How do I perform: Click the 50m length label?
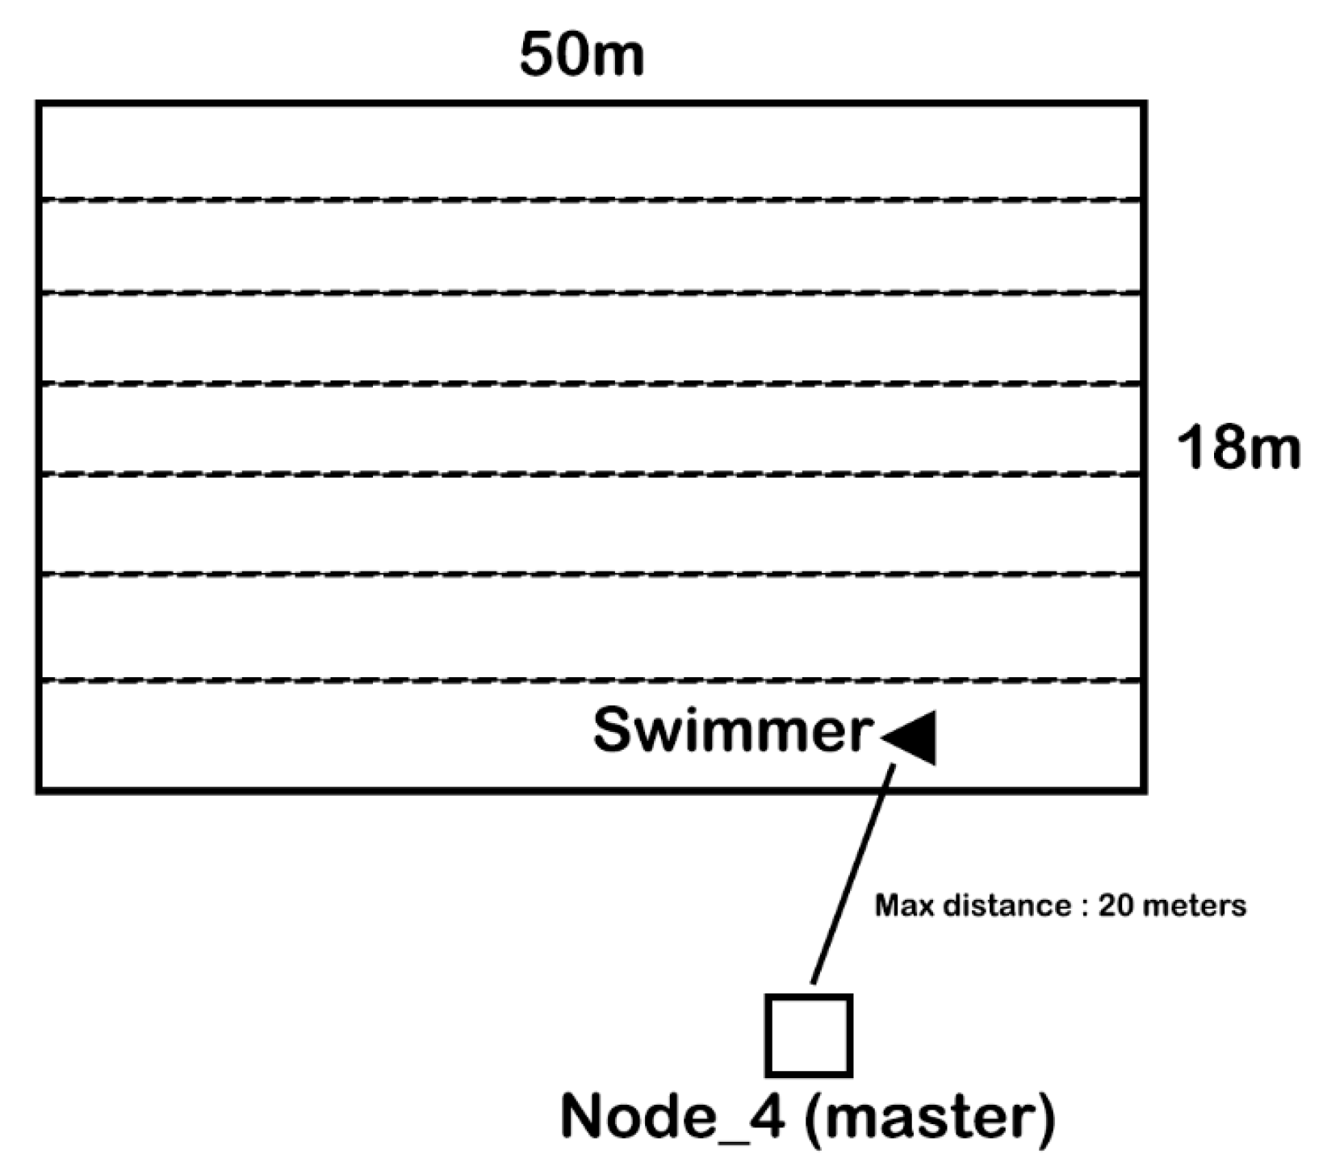[581, 56]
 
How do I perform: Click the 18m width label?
[1238, 448]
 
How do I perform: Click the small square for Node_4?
[809, 1035]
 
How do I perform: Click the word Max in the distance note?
[900, 905]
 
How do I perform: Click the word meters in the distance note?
[1194, 905]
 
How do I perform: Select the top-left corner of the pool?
[39, 104]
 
